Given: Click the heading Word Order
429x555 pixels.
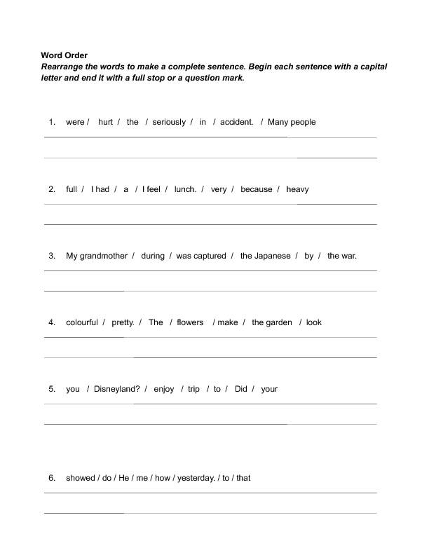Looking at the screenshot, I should point(64,55).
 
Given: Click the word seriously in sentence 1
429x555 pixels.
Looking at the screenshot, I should point(169,122).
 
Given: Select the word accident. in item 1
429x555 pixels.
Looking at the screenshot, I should point(237,122).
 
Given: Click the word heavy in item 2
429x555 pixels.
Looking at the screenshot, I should point(297,189).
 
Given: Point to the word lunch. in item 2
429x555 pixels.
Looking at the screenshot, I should point(186,189).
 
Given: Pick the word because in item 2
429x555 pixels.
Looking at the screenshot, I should point(256,189).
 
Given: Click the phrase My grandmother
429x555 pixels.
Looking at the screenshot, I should point(97,256).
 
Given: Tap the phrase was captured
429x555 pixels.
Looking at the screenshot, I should point(201,256).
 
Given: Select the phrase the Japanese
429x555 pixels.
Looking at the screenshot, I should point(265,256).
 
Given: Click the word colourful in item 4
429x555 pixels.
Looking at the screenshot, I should point(82,322).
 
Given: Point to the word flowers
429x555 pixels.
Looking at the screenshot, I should point(190,322).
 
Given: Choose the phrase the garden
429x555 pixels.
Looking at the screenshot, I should point(272,322).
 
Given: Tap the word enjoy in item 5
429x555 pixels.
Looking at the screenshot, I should point(164,389).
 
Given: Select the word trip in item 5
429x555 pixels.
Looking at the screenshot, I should point(194,389).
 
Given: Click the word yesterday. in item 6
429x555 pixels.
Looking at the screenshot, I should point(195,478).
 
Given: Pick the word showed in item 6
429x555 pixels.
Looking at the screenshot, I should point(80,478).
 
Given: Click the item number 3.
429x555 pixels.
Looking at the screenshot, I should point(52,256).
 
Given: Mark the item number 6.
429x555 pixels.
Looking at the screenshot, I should point(52,478).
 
